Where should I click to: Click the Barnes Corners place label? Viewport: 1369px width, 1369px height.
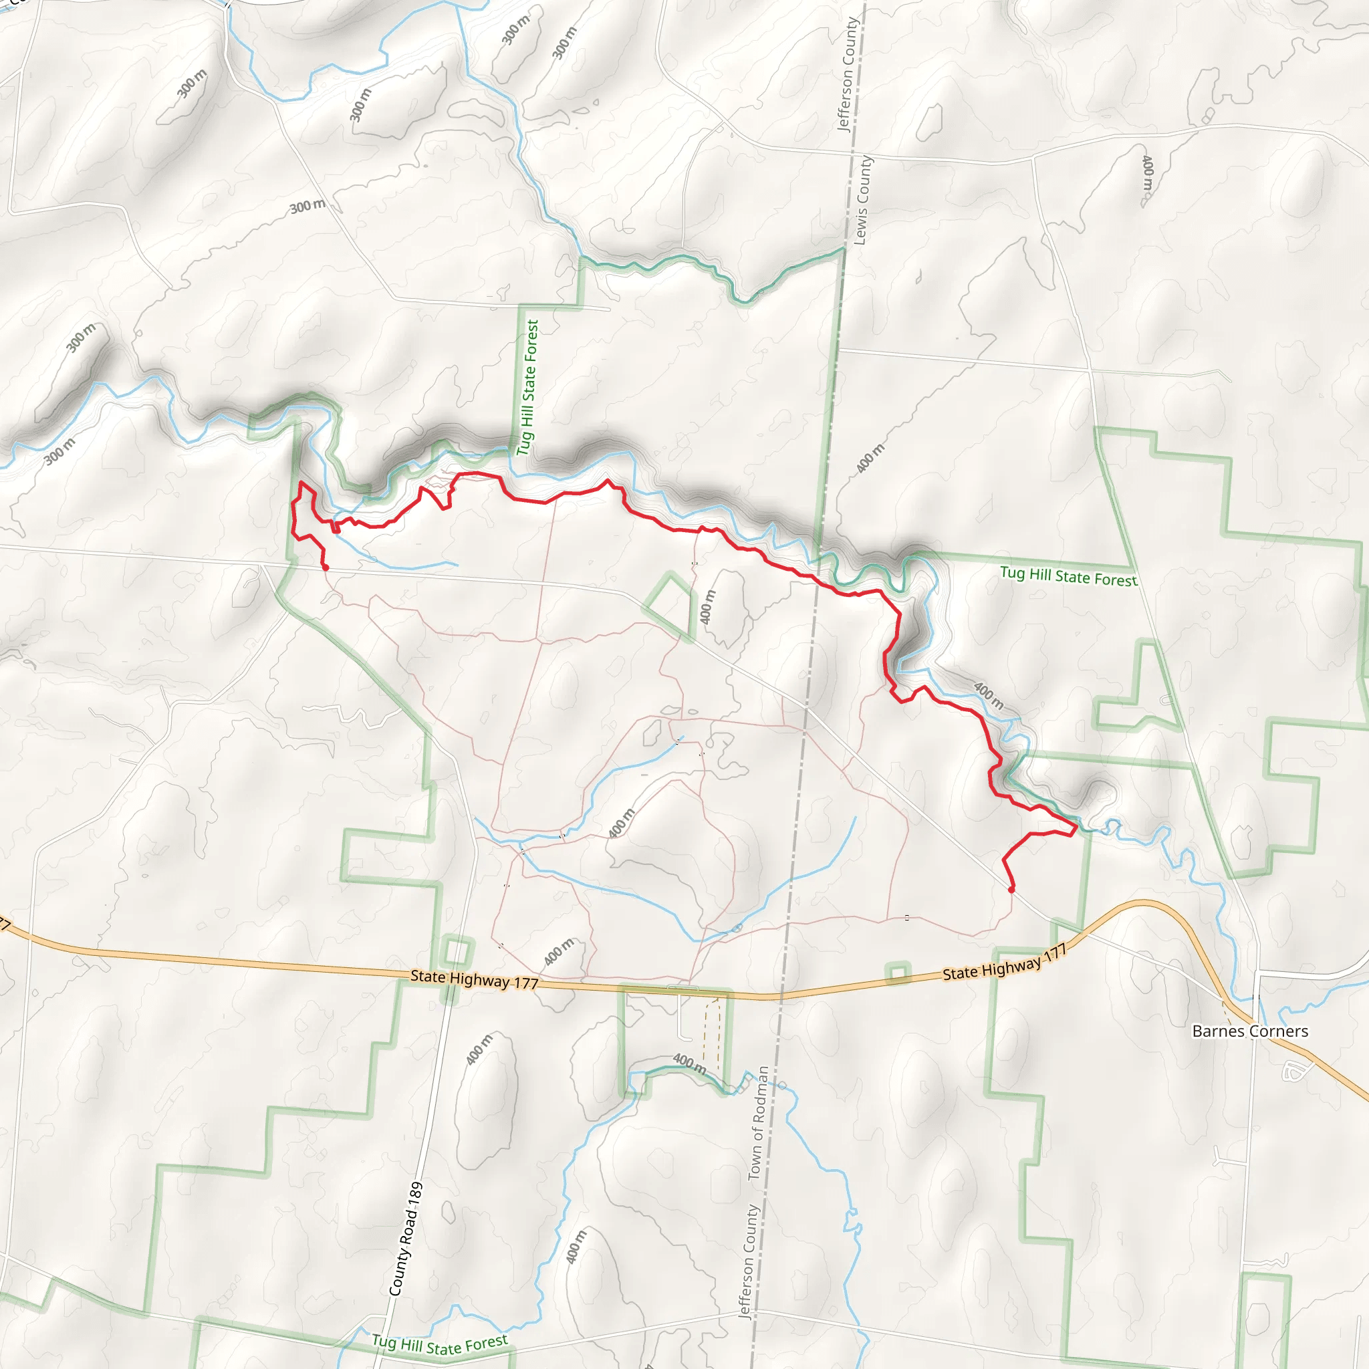pos(1250,1031)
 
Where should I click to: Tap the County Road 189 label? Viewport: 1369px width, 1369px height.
pos(406,1239)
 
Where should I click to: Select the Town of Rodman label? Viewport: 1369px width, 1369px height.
pos(757,1123)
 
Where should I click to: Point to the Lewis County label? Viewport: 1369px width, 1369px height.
pos(862,201)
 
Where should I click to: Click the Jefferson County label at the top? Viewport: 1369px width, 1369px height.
pos(848,74)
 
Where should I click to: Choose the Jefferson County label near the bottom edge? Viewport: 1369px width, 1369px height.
pos(747,1262)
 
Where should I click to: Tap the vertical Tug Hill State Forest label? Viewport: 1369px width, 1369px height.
pos(528,387)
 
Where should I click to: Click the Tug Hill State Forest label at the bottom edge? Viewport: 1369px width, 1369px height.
pos(440,1344)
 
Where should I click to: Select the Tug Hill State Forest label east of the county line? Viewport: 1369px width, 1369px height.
pos(1068,576)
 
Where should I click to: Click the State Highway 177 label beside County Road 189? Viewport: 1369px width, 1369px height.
pos(474,979)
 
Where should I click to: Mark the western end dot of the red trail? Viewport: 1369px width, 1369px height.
pos(326,568)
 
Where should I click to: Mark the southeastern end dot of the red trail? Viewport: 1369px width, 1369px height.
pos(1011,889)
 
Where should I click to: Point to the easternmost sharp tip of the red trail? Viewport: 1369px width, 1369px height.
pos(1076,826)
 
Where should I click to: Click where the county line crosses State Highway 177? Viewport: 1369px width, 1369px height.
pos(781,996)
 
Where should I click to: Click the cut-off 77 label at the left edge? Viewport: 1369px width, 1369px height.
pos(4,924)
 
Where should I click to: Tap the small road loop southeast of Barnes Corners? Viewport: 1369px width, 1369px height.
pos(1293,1072)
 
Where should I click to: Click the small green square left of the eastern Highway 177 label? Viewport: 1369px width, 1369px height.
pos(898,973)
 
